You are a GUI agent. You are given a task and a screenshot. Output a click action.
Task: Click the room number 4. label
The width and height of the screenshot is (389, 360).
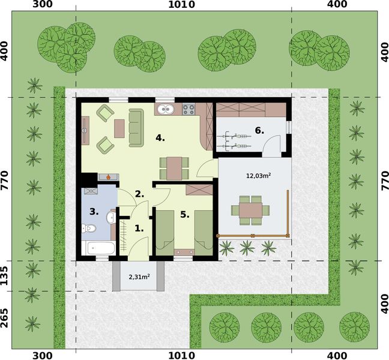click(160, 138)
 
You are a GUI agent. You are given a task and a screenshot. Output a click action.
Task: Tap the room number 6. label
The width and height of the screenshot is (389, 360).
click(259, 130)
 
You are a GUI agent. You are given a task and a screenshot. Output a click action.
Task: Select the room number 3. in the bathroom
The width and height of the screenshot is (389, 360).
click(94, 211)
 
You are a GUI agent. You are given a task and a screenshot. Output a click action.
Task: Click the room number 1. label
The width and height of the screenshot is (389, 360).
click(139, 228)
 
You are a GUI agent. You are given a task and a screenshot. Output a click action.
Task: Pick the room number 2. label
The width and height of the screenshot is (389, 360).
click(139, 194)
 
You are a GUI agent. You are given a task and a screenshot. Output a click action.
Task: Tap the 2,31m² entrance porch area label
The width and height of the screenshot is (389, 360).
click(139, 277)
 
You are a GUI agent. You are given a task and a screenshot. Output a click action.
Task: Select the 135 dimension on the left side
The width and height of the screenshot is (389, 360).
click(6, 276)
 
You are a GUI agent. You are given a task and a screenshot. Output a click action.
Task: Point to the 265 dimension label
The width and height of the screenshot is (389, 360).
click(6, 318)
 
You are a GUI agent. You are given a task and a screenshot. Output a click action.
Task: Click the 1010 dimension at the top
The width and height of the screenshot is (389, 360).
click(182, 5)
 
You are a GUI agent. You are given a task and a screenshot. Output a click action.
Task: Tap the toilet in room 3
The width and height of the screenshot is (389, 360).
click(89, 228)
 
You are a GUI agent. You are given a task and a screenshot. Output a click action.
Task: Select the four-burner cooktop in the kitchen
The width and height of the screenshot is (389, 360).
click(188, 109)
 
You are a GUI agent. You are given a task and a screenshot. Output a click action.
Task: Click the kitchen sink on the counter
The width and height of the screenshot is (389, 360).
click(165, 109)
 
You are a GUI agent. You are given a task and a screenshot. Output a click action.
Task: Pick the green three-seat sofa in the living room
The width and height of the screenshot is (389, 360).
click(136, 127)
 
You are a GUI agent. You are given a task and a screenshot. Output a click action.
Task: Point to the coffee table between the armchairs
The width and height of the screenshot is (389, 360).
click(119, 128)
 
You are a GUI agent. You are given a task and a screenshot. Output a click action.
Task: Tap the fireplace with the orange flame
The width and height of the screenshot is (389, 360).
click(107, 177)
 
